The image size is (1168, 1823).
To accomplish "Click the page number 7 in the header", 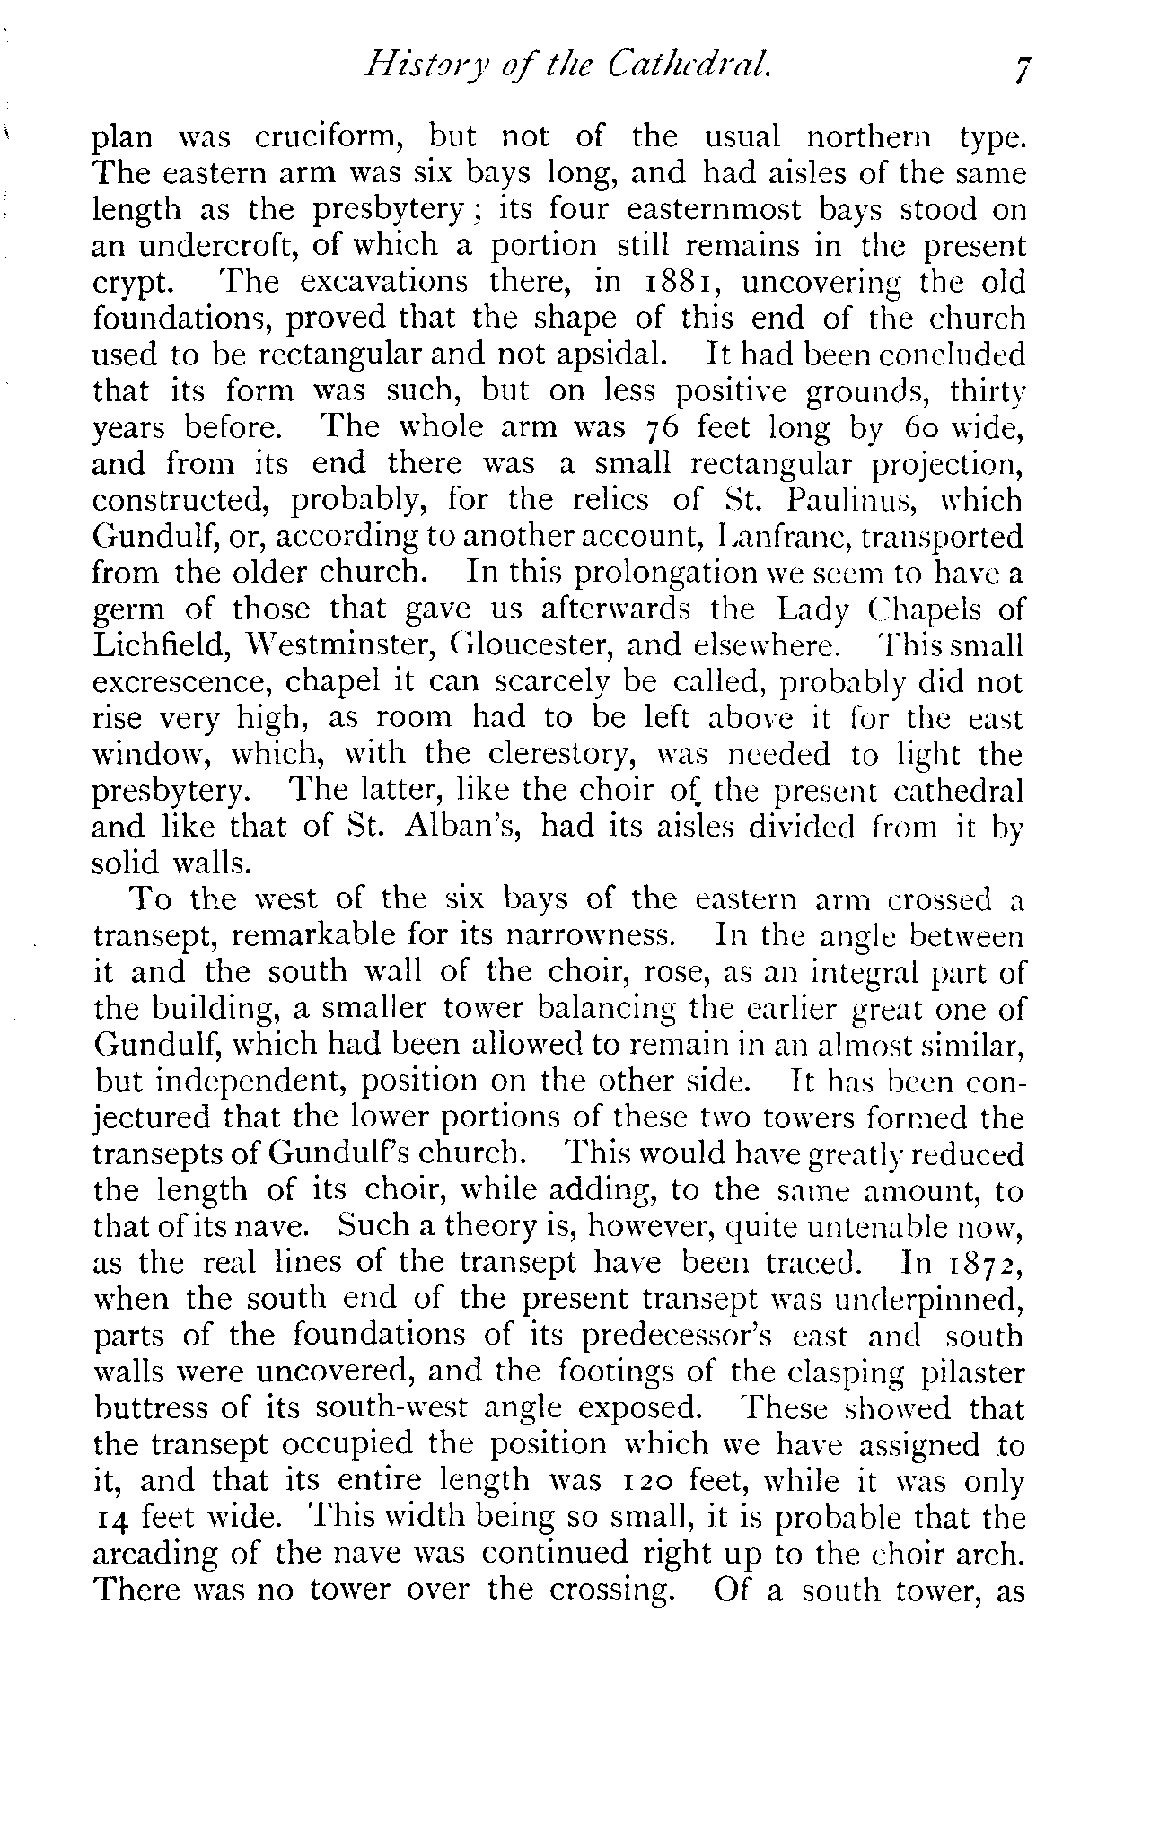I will pyautogui.click(x=1019, y=70).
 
